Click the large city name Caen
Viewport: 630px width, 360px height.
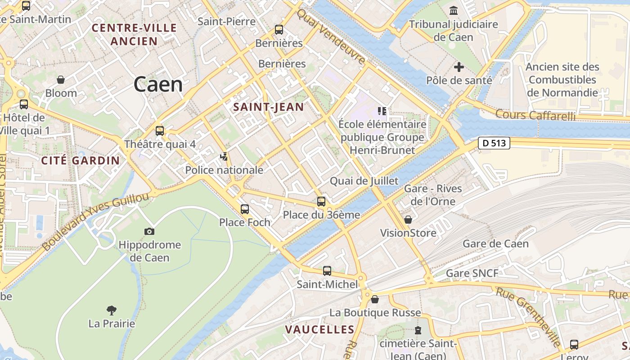pyautogui.click(x=158, y=85)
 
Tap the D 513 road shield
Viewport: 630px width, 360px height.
pyautogui.click(x=494, y=144)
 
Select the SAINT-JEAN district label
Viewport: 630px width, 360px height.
pyautogui.click(x=269, y=107)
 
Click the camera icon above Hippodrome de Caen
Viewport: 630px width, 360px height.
pyautogui.click(x=149, y=231)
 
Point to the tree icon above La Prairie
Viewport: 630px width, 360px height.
pyautogui.click(x=112, y=310)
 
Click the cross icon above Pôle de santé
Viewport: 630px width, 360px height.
pyautogui.click(x=459, y=67)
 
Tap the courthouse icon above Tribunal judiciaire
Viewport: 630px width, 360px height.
pyautogui.click(x=454, y=10)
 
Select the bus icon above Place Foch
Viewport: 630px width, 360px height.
pyautogui.click(x=245, y=209)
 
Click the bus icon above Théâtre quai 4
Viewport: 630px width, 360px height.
pyautogui.click(x=160, y=131)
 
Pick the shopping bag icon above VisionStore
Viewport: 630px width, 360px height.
pyautogui.click(x=408, y=220)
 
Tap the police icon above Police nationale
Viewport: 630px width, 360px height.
pyautogui.click(x=224, y=157)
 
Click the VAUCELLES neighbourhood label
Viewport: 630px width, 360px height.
pyautogui.click(x=319, y=330)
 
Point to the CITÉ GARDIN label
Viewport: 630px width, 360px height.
pyautogui.click(x=81, y=161)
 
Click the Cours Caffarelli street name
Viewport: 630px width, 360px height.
pyautogui.click(x=535, y=115)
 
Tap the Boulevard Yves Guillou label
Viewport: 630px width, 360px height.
pyautogui.click(x=95, y=222)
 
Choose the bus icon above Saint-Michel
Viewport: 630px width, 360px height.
pyautogui.click(x=327, y=271)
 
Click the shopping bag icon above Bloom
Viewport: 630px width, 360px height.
pyautogui.click(x=61, y=80)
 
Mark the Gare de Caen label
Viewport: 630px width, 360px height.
pyautogui.click(x=495, y=244)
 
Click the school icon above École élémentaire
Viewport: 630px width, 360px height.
pyautogui.click(x=382, y=111)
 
